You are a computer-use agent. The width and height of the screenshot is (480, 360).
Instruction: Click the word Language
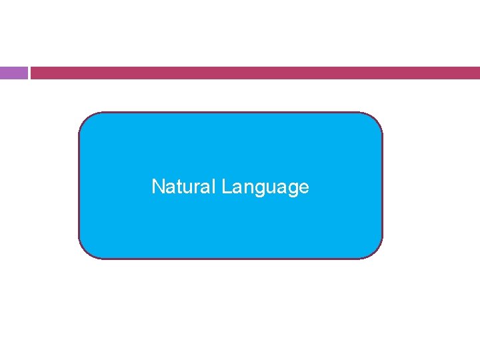265,187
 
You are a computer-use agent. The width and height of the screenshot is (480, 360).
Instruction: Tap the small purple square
13,73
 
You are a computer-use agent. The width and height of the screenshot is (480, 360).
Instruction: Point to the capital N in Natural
158,187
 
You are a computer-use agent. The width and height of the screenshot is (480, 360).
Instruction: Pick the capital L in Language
227,187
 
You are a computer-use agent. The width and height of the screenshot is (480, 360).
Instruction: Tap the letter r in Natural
195,187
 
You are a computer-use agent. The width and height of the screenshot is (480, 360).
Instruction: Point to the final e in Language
305,188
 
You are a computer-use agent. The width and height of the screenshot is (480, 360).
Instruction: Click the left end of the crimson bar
33,73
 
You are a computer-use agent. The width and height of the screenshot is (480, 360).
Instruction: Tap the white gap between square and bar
29,73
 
